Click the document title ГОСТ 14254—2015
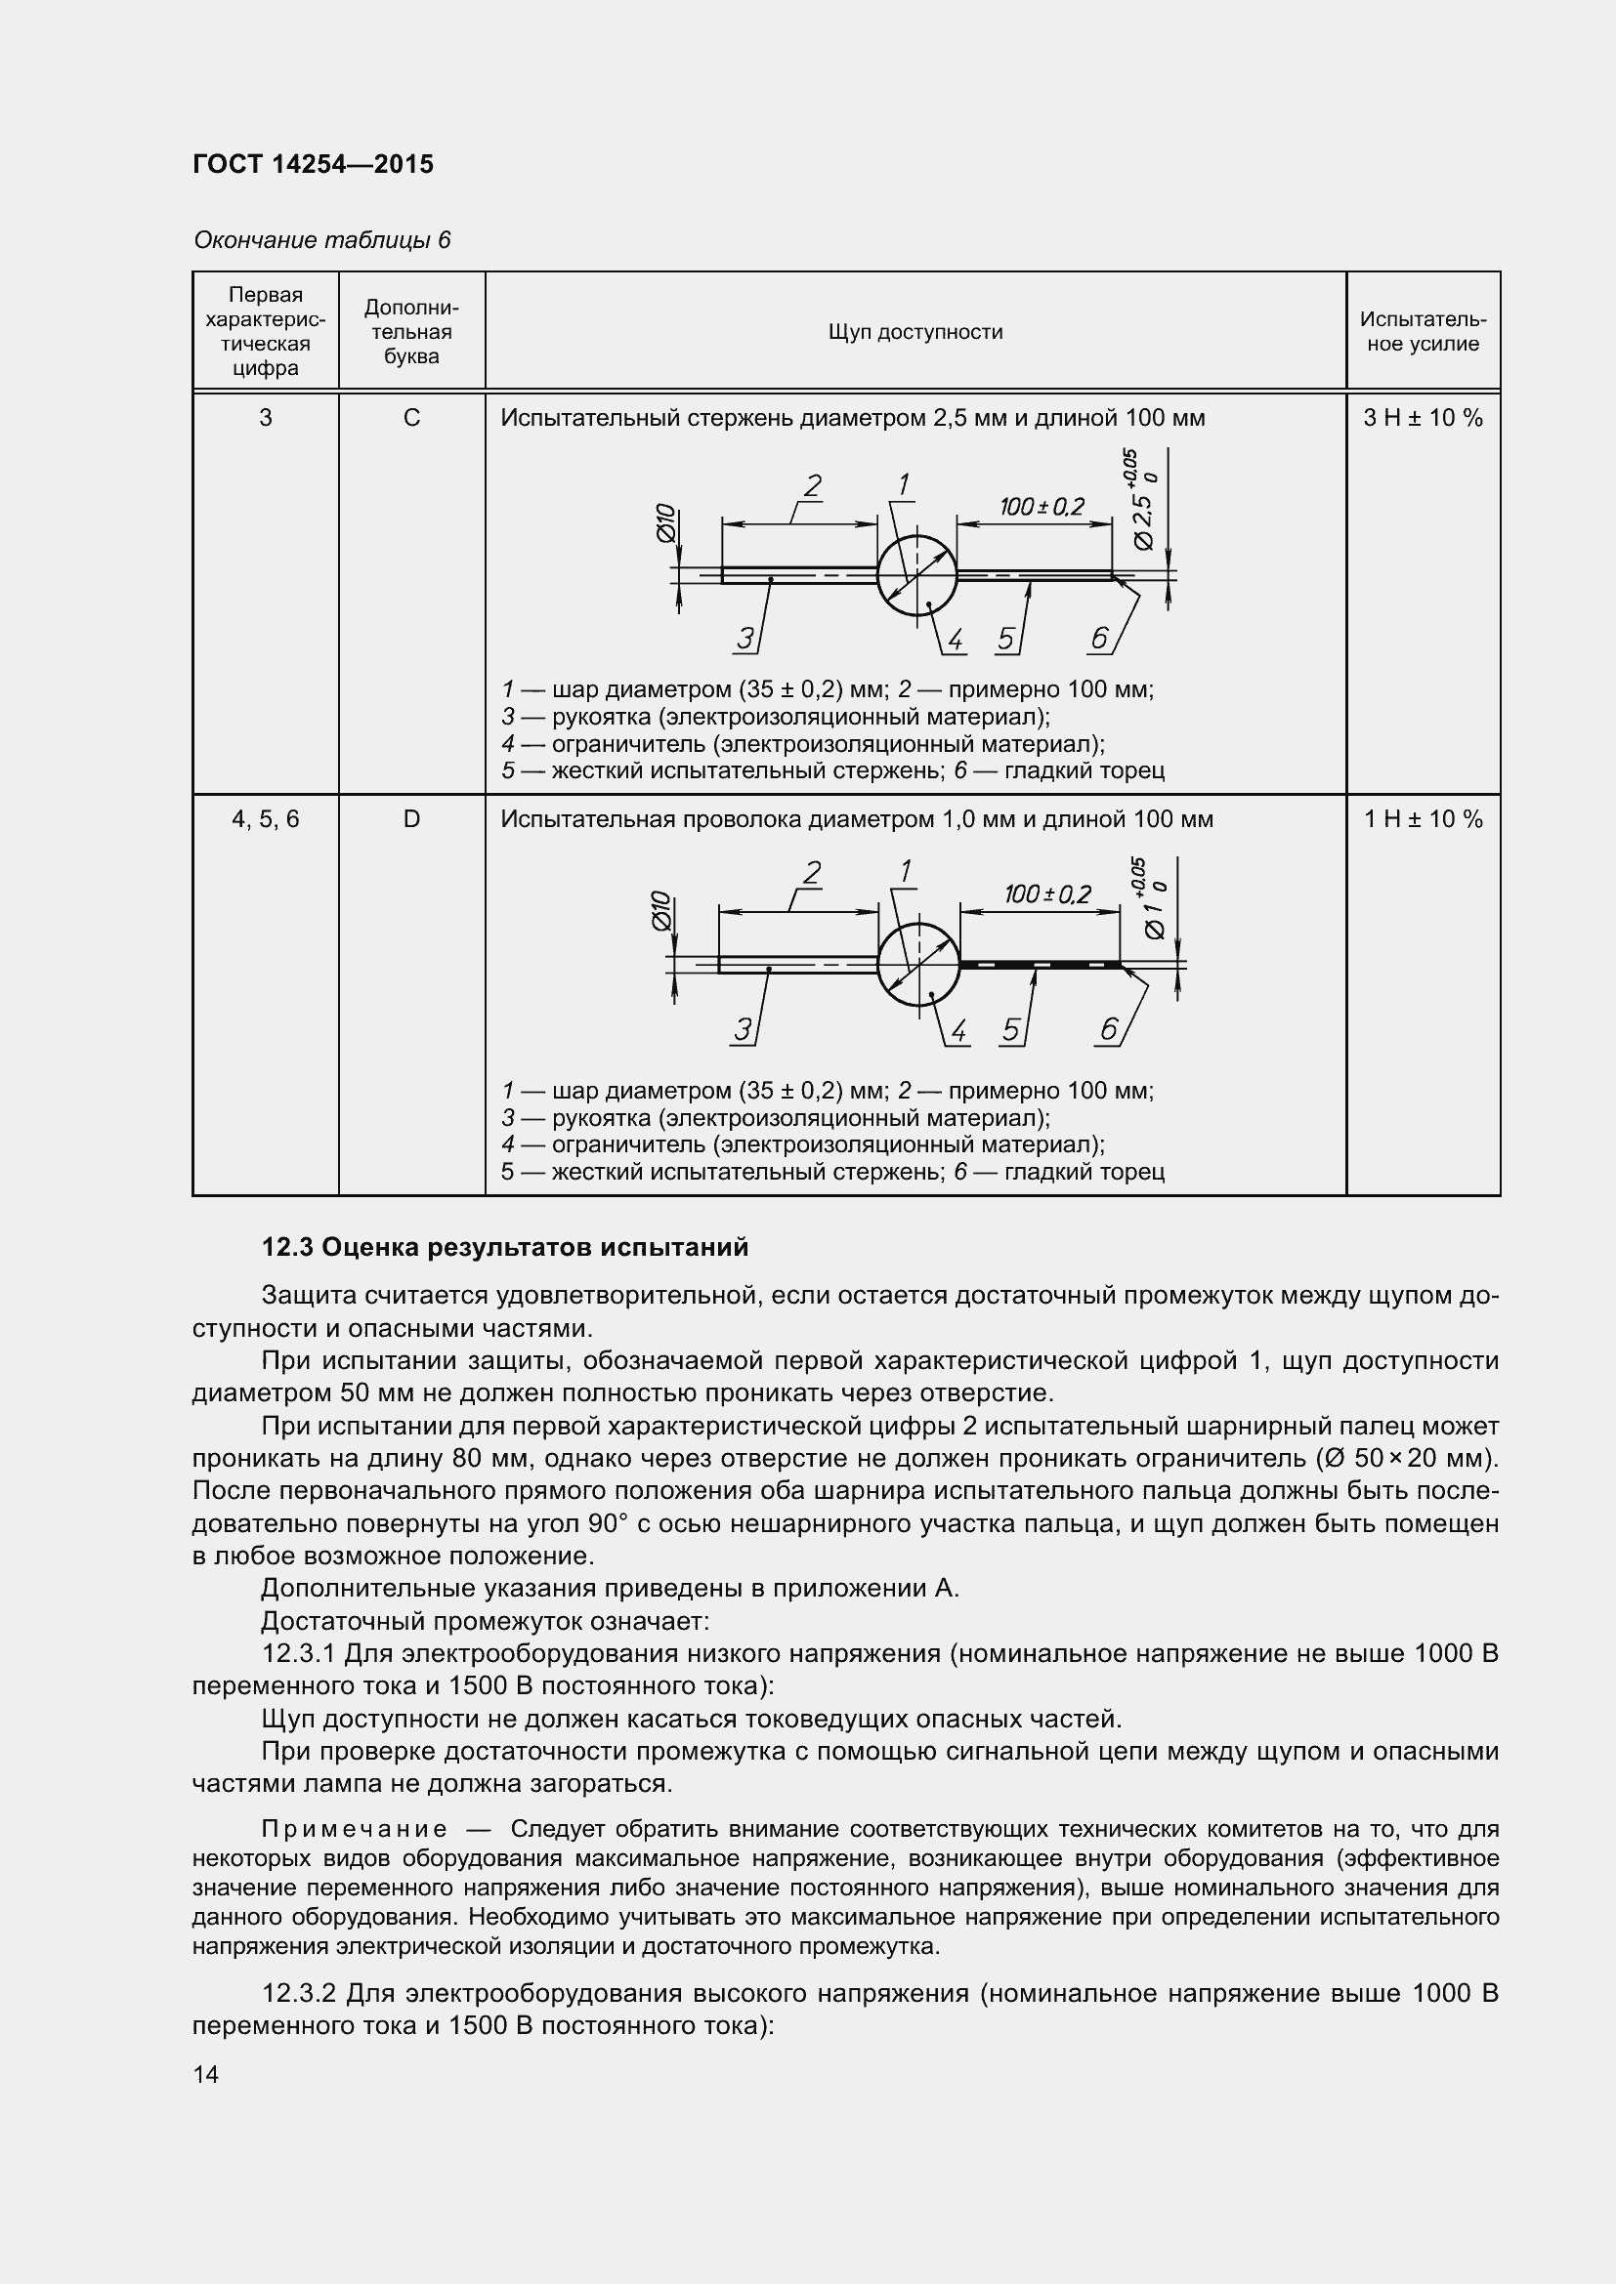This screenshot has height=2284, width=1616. tap(314, 164)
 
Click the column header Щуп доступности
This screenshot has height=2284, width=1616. tap(914, 332)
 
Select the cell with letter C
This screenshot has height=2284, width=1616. tap(411, 419)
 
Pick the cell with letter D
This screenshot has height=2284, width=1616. tap(411, 819)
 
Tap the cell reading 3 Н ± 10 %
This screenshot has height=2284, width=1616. tap(1422, 419)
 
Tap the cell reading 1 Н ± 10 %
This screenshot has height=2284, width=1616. tap(1422, 819)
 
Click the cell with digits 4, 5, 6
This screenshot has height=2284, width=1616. tap(265, 819)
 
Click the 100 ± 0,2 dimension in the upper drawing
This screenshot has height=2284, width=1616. tap(1041, 508)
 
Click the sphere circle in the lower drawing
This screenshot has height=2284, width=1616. tap(917, 964)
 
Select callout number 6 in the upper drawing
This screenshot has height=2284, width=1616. tap(1098, 639)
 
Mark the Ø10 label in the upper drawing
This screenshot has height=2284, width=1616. tap(665, 523)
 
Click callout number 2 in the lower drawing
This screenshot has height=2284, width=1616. tap(811, 874)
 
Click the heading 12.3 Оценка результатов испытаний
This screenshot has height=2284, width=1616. tap(504, 1247)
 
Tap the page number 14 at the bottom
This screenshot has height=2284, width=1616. tap(206, 2075)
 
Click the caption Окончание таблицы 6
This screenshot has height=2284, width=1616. tap(321, 241)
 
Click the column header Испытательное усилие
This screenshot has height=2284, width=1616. tap(1422, 332)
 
